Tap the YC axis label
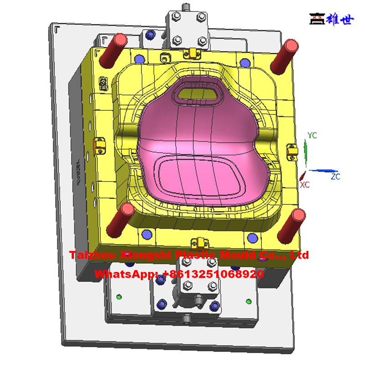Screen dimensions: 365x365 312,136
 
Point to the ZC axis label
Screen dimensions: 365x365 335,176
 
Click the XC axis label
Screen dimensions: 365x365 304,184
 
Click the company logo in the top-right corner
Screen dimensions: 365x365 331,19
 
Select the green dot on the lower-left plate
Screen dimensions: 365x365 120,297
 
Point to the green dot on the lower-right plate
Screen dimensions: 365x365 249,301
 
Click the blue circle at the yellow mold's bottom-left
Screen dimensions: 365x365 146,234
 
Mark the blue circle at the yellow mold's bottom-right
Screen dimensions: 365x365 251,237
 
